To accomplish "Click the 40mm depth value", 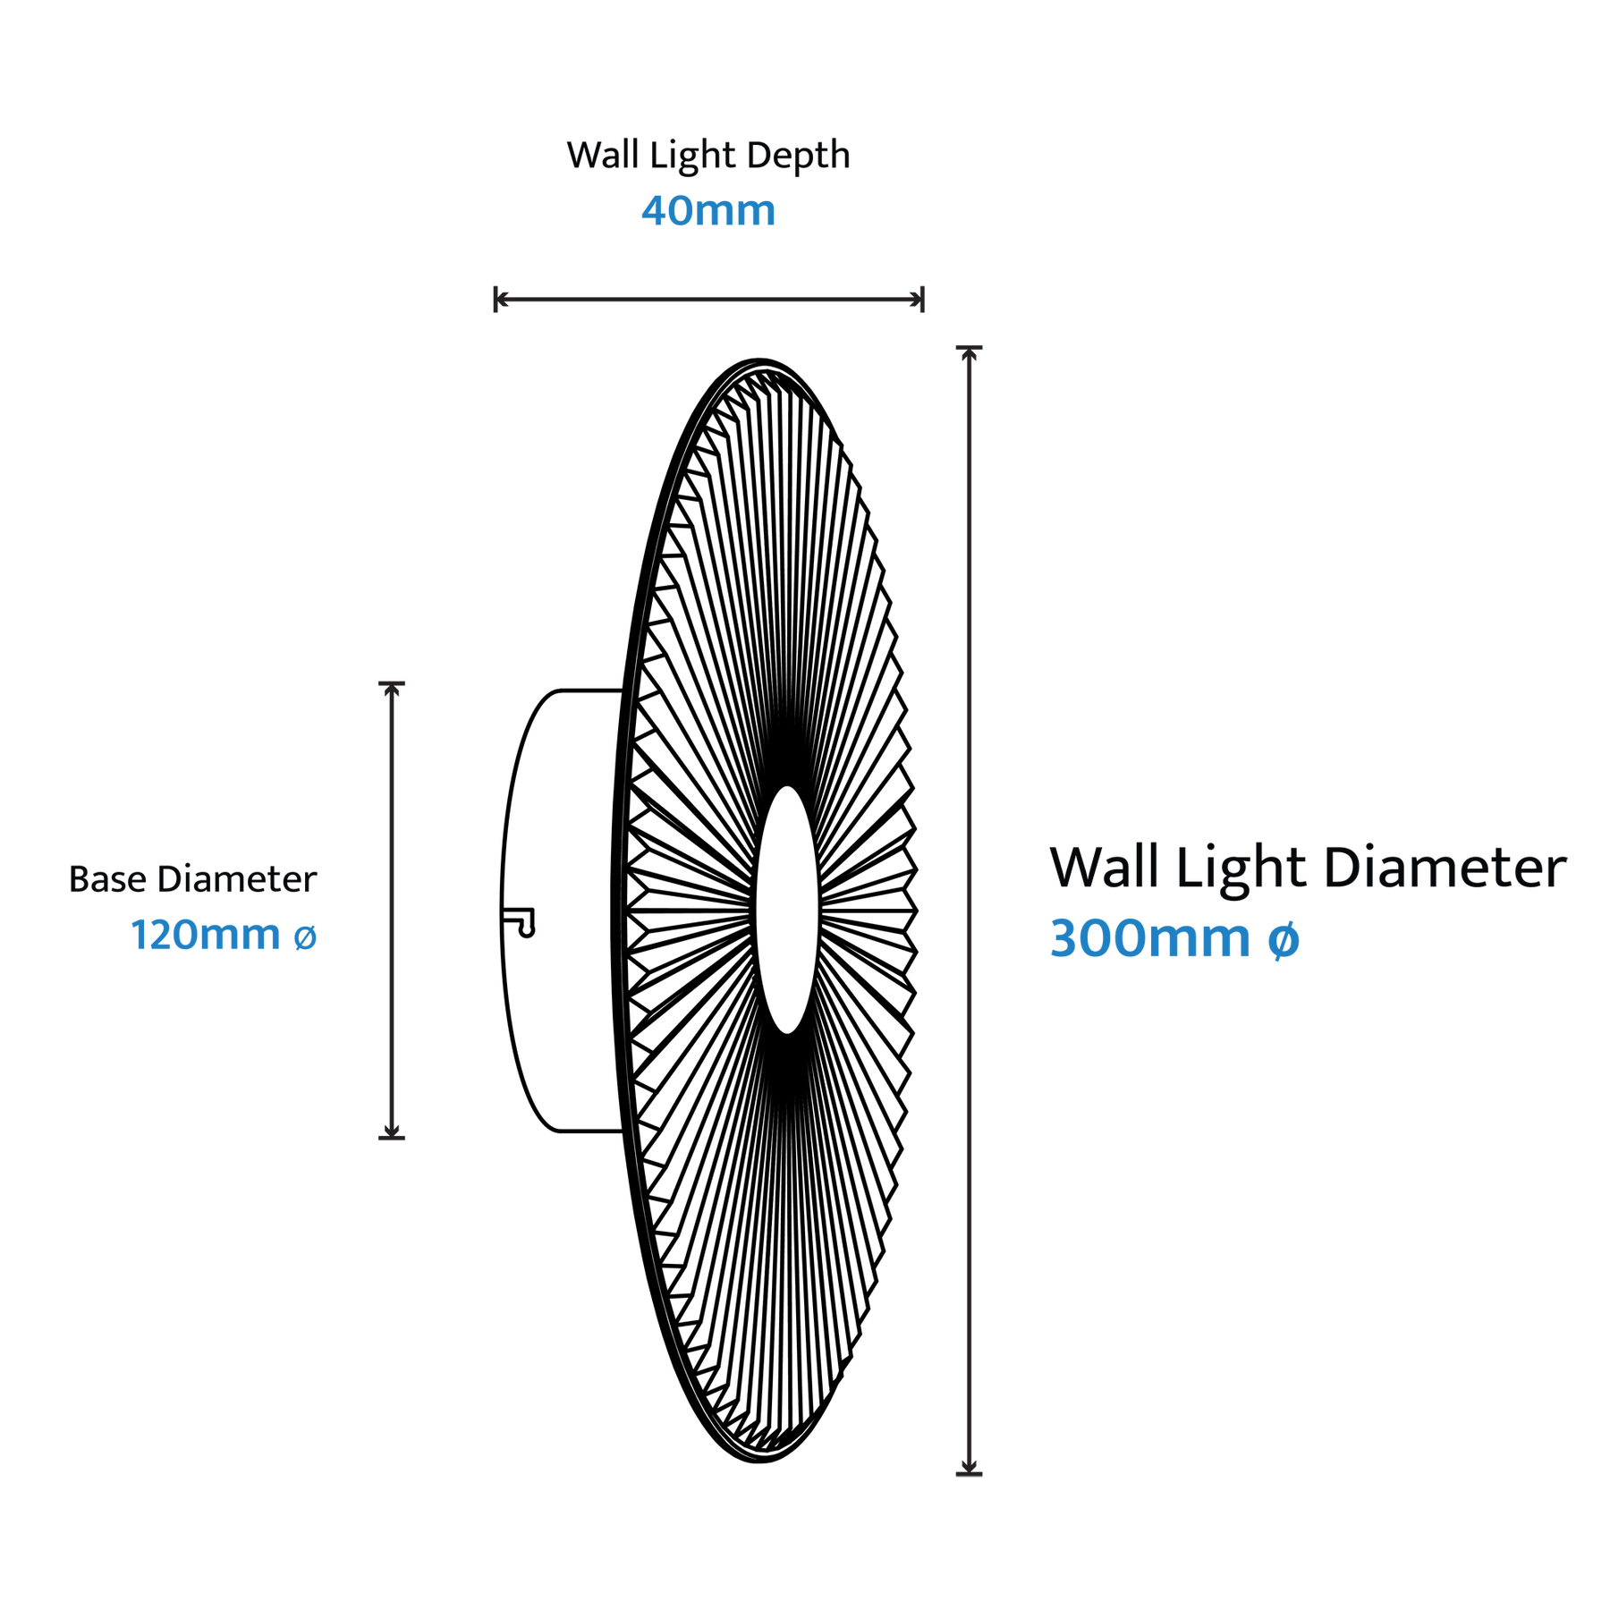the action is coord(708,211).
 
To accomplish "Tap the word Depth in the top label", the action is coord(798,157).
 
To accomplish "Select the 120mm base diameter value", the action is coord(206,935).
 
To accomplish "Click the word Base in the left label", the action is coord(107,879).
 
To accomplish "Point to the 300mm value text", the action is coord(1149,938).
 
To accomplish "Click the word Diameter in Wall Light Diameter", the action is coord(1445,868).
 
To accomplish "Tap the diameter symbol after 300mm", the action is coord(1284,939).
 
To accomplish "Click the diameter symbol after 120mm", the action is coord(305,937).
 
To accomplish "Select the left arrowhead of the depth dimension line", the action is coord(501,300).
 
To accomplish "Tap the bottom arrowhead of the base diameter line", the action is coord(392,1131).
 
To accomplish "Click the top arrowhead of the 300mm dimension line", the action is coord(969,353).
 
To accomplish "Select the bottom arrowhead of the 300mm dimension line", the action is coord(969,1467).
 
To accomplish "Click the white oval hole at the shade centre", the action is coord(787,910).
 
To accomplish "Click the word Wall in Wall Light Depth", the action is coord(604,156).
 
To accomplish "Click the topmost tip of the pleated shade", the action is coord(760,360).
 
